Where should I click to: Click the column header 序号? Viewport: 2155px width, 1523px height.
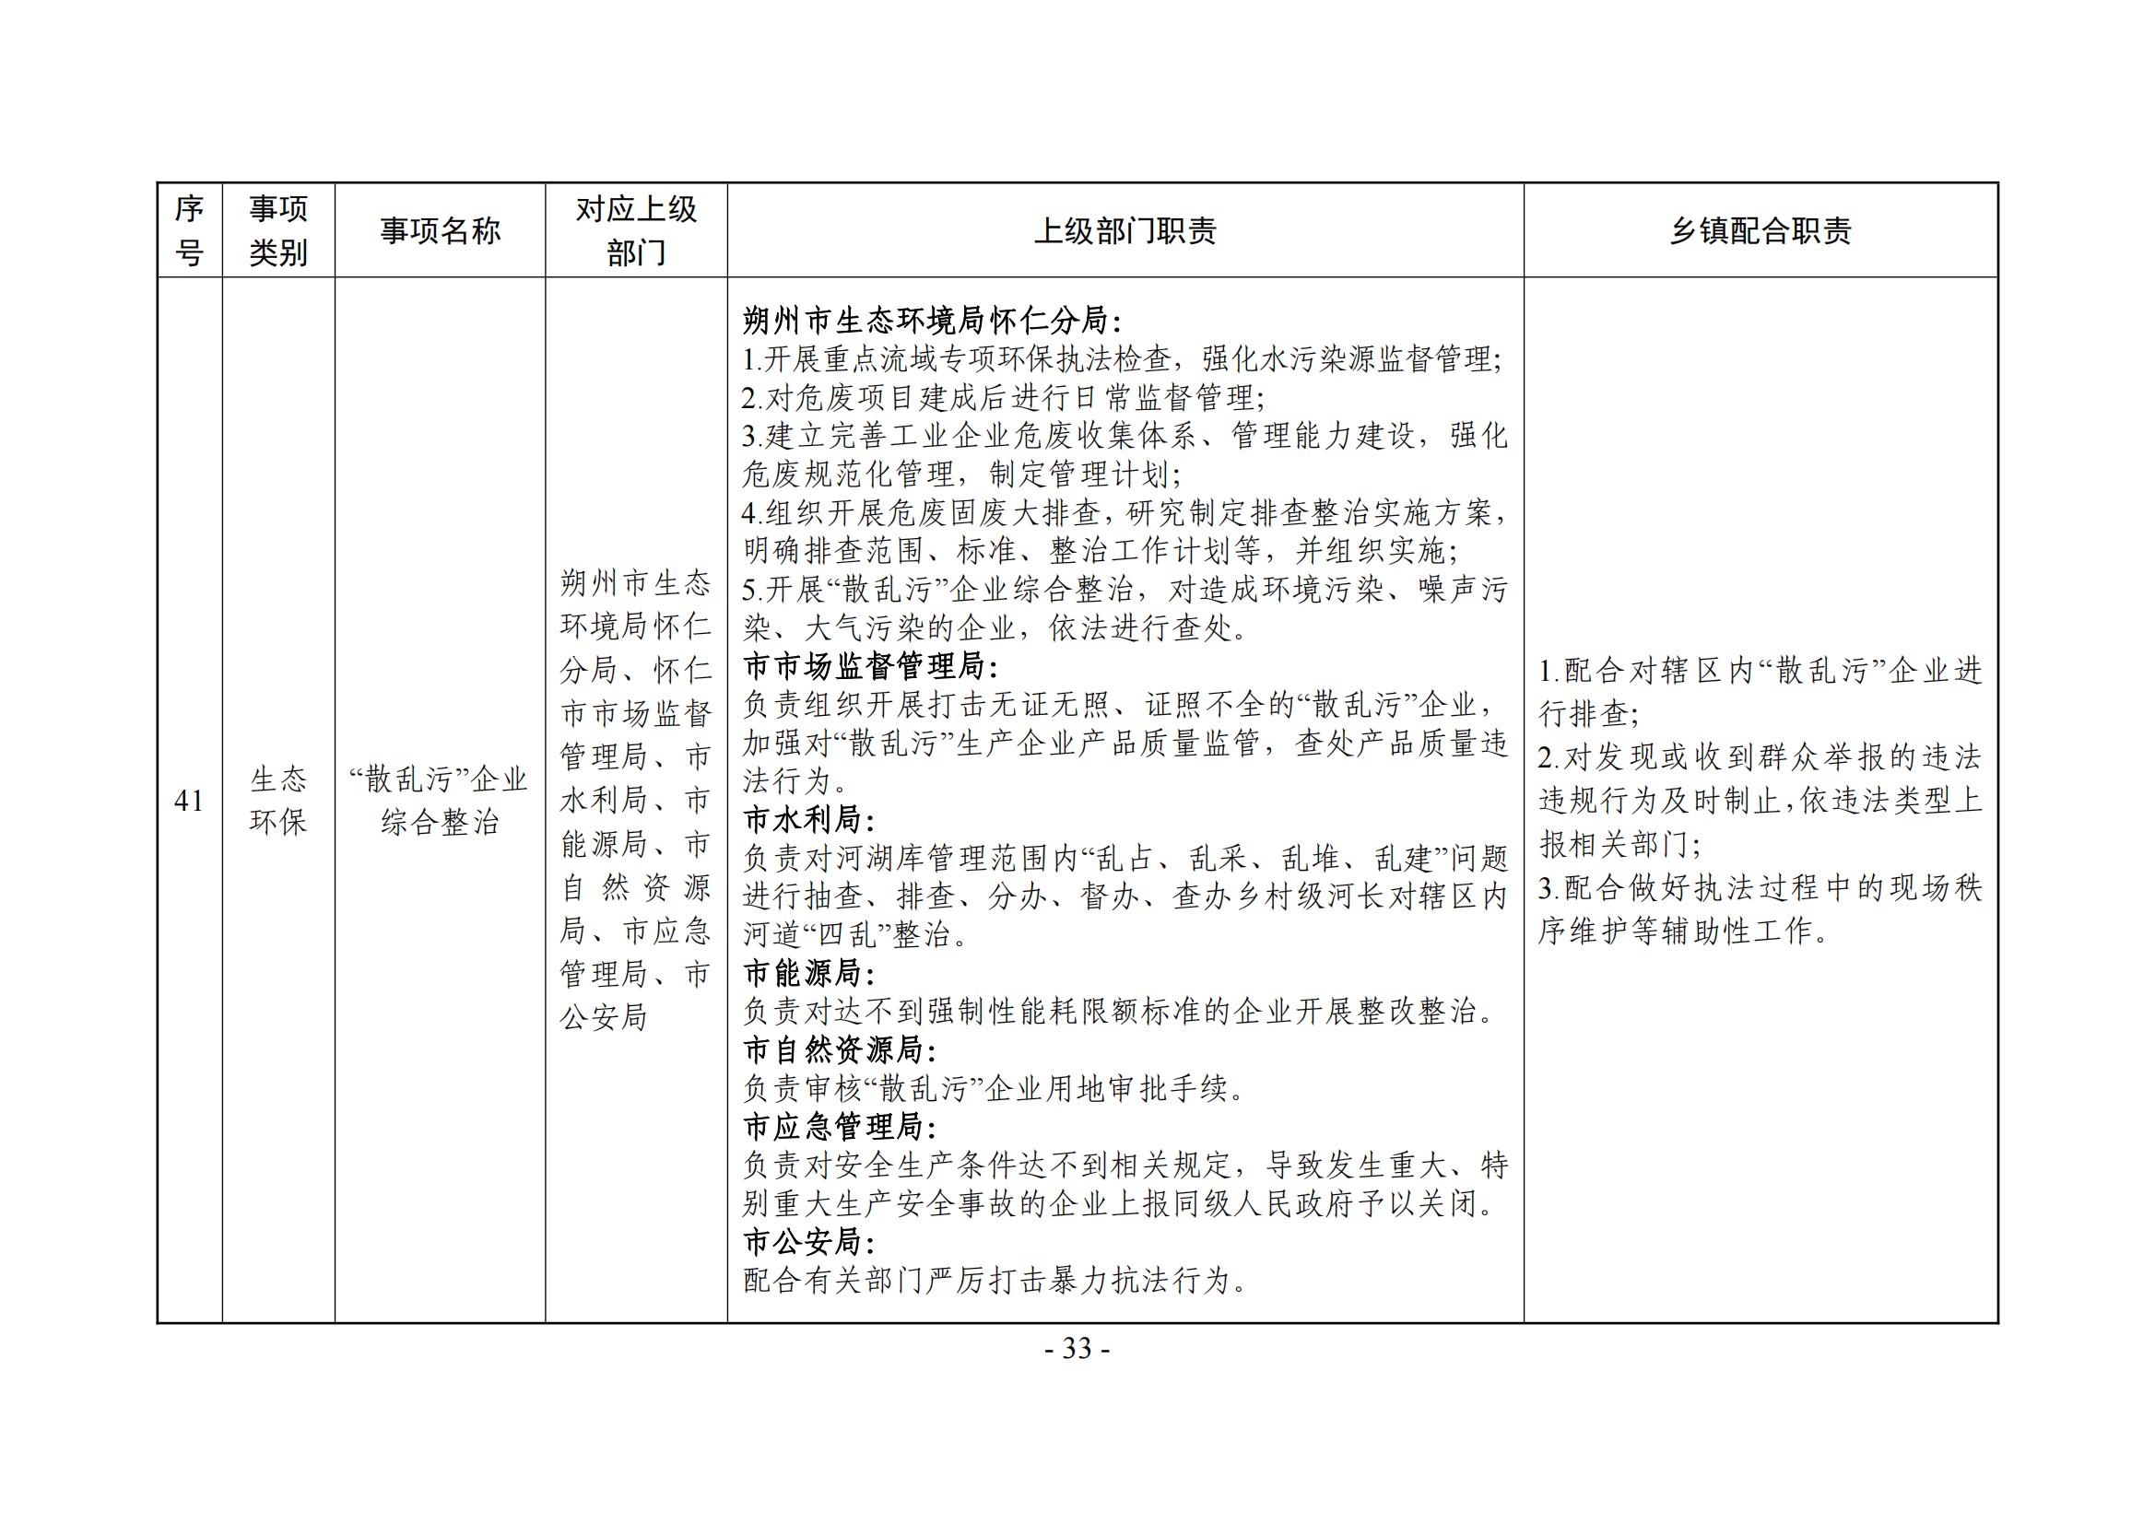[x=189, y=231]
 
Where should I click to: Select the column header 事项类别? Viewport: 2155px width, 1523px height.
[x=277, y=231]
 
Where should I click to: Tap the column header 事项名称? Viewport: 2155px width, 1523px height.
[x=440, y=231]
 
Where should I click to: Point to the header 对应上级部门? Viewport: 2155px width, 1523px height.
[x=635, y=231]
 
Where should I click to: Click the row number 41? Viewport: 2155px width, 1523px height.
[x=189, y=801]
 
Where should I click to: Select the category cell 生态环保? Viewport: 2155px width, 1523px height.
[x=277, y=801]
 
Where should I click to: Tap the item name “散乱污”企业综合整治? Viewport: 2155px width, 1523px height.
[x=440, y=801]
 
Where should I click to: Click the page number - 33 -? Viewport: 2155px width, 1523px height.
[x=1077, y=1350]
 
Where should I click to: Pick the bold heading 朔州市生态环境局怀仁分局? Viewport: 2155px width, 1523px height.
[x=931, y=322]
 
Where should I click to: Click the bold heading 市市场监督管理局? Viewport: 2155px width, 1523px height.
[x=870, y=667]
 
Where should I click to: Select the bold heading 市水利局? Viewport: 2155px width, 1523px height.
[x=808, y=820]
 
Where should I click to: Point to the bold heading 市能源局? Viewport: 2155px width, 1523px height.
[x=808, y=973]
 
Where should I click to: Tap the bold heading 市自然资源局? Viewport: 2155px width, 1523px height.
[x=839, y=1050]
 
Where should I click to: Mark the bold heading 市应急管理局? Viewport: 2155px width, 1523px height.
[x=839, y=1127]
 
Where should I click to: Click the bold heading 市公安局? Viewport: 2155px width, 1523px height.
[x=808, y=1242]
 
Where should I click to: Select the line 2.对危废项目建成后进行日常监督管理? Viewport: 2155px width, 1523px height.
[x=1003, y=399]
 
